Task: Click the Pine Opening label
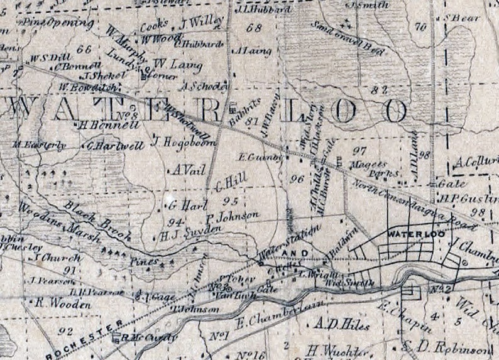coord(58,24)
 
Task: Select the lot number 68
coord(254,28)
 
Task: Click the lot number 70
coord(420,26)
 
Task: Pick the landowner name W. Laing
coord(169,64)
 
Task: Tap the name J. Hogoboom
coord(182,142)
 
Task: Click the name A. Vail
coord(184,170)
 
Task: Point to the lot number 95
coord(231,201)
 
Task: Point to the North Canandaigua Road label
coord(409,200)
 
